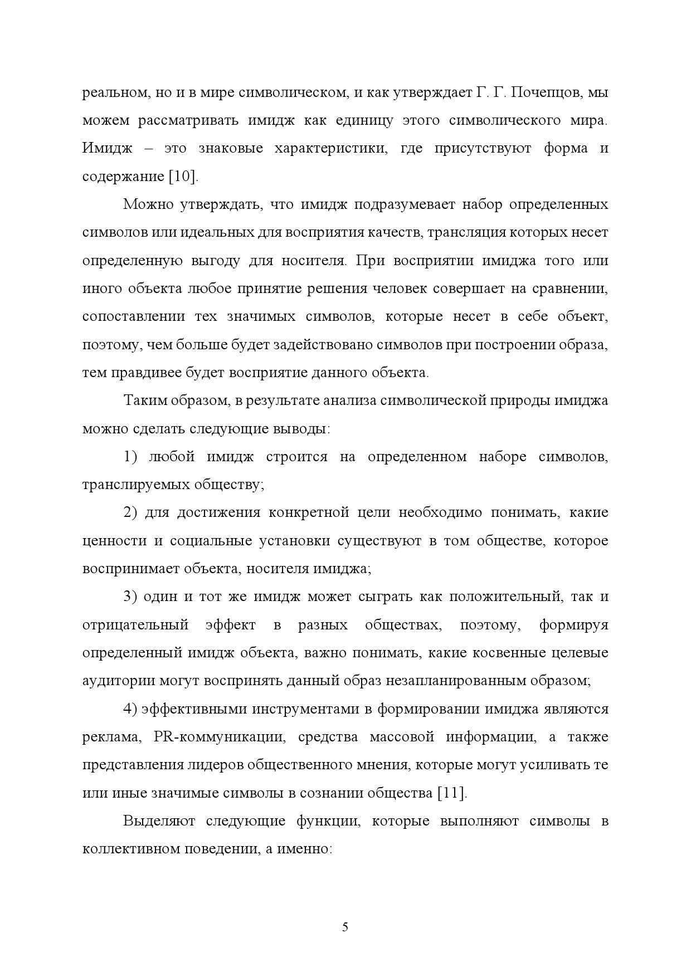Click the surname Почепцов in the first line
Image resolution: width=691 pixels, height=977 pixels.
(541, 92)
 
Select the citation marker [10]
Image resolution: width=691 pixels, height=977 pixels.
(183, 177)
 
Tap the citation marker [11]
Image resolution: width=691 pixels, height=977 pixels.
(452, 793)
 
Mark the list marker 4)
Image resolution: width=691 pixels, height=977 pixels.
(130, 709)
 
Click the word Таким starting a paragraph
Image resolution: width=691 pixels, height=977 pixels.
(142, 400)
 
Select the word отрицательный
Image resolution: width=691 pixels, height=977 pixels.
(135, 625)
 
